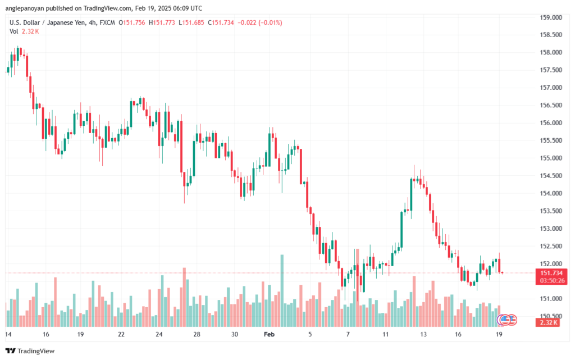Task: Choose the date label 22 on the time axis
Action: [121, 334]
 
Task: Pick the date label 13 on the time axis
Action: [422, 334]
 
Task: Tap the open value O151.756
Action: [130, 22]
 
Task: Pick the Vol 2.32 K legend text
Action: [24, 31]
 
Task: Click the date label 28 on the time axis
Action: [197, 334]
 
